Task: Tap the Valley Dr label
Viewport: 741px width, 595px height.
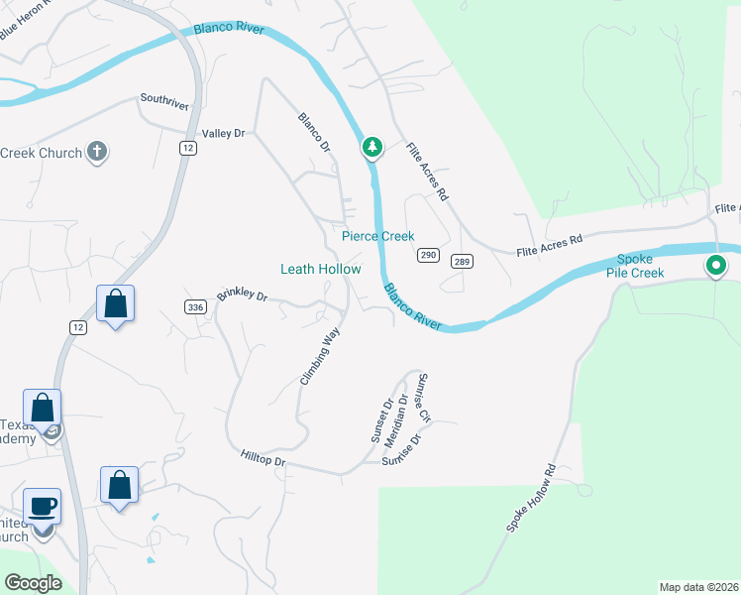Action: pos(222,133)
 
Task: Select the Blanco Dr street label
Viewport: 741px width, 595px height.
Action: pos(314,133)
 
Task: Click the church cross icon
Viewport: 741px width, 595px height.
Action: pos(96,152)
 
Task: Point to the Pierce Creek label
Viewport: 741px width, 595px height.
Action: pos(378,237)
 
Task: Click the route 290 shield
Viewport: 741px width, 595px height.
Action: pos(428,255)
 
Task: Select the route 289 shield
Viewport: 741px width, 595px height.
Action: pos(460,262)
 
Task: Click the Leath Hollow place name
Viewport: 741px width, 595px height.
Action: pos(320,269)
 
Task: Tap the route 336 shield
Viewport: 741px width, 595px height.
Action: pos(195,307)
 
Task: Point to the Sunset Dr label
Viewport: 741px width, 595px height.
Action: pos(382,422)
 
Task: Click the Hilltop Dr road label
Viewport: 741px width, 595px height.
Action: pos(263,459)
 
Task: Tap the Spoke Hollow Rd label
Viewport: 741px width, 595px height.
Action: pos(532,500)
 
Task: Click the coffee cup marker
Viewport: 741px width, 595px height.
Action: pos(42,506)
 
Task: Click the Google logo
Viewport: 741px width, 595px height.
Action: pos(33,583)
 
